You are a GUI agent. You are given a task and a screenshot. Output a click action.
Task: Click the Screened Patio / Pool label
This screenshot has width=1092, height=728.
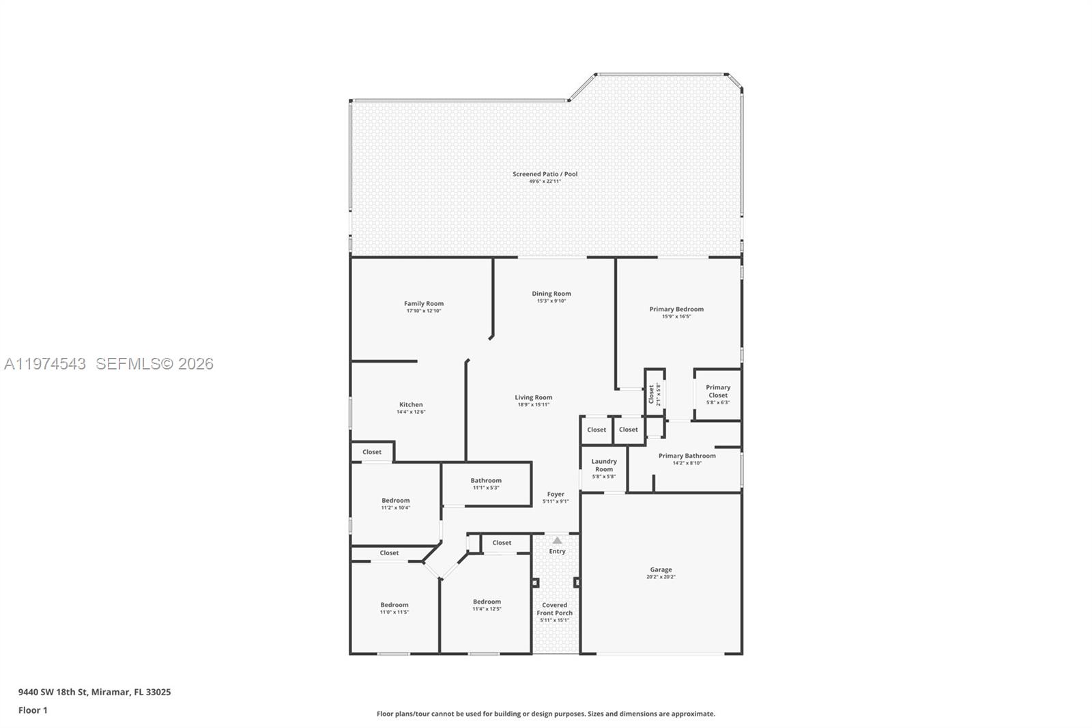tap(545, 174)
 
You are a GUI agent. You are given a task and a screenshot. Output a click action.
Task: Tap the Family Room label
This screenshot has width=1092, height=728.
tap(423, 304)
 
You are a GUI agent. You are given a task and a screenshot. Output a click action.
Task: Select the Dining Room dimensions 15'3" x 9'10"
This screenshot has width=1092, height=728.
tap(551, 301)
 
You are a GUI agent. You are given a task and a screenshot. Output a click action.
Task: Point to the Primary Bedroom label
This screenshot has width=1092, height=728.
tap(676, 309)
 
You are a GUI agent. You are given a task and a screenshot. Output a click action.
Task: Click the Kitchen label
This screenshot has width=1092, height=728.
tap(411, 405)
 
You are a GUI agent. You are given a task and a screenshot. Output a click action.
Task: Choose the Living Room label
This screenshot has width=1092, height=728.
tap(533, 397)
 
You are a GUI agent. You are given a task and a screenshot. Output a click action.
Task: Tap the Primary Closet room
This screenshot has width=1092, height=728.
tap(717, 394)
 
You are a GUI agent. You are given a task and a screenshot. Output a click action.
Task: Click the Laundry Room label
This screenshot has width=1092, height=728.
tap(603, 465)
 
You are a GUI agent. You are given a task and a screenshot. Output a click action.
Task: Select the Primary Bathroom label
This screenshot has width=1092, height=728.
tap(687, 456)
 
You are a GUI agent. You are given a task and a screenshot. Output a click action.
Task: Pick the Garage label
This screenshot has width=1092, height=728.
tap(661, 570)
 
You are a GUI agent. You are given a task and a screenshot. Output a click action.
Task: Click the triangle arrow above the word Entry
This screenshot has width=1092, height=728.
tap(557, 540)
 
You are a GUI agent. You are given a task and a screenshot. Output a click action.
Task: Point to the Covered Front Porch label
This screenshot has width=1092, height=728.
tap(554, 609)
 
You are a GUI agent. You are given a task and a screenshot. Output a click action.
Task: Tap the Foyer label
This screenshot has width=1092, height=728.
tap(556, 494)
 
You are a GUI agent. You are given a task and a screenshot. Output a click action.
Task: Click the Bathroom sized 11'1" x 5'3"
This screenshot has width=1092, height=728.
tap(486, 484)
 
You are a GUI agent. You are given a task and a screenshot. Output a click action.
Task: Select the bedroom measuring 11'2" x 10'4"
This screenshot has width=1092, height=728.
tap(395, 503)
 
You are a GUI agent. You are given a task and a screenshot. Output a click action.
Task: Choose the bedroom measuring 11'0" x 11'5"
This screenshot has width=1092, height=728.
tap(394, 608)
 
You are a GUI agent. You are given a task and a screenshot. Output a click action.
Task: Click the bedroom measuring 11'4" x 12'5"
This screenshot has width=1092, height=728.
tap(487, 605)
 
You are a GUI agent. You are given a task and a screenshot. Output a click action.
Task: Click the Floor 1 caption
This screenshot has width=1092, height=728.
tap(33, 710)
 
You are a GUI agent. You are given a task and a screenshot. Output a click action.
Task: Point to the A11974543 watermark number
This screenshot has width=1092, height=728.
tap(45, 364)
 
